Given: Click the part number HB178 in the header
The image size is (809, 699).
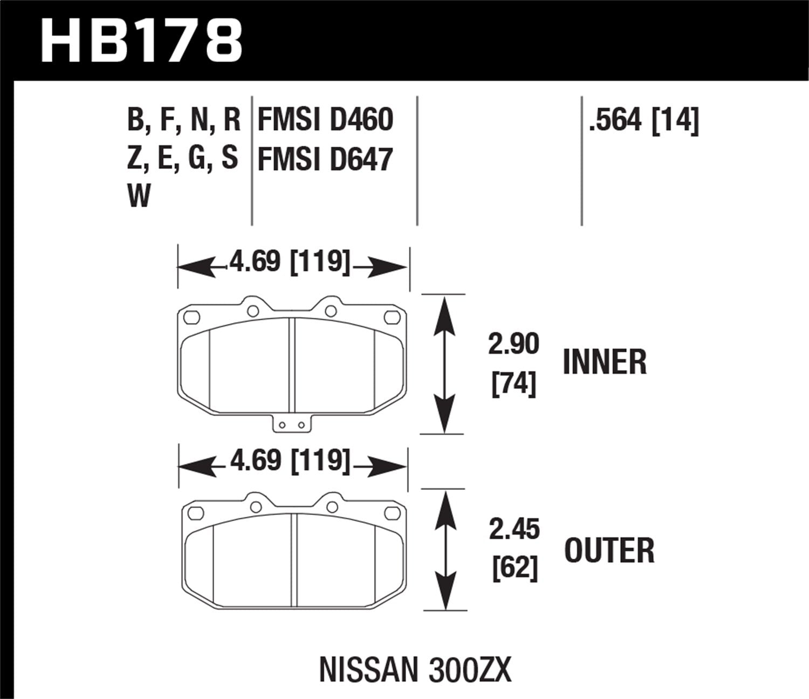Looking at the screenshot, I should coord(141,40).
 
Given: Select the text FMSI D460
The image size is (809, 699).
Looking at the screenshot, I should coord(325,120).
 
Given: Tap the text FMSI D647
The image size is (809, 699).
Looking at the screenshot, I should coord(325,160).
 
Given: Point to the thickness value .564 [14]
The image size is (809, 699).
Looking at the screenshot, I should coord(644,120).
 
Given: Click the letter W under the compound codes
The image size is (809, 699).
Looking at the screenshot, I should coord(139,195).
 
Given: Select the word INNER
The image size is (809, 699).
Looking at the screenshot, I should coord(604,362).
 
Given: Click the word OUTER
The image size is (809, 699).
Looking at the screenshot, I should coord(609,551).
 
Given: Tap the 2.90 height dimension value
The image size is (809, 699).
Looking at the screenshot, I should coord(513,344).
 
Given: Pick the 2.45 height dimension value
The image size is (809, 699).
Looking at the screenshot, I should coord(514,530).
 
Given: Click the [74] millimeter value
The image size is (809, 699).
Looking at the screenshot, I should coord(513,385).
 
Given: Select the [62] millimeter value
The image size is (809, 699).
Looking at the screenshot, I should coord(515,569).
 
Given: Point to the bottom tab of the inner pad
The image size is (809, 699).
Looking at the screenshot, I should coord(292,424).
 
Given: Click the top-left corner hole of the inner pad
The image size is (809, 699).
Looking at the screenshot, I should coord(190,318).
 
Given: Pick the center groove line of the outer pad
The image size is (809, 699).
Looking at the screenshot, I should coord(294,561).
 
